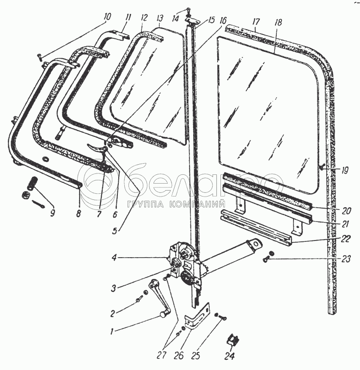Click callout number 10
click(x=108, y=17)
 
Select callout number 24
click(x=229, y=356)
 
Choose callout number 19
click(x=345, y=170)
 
